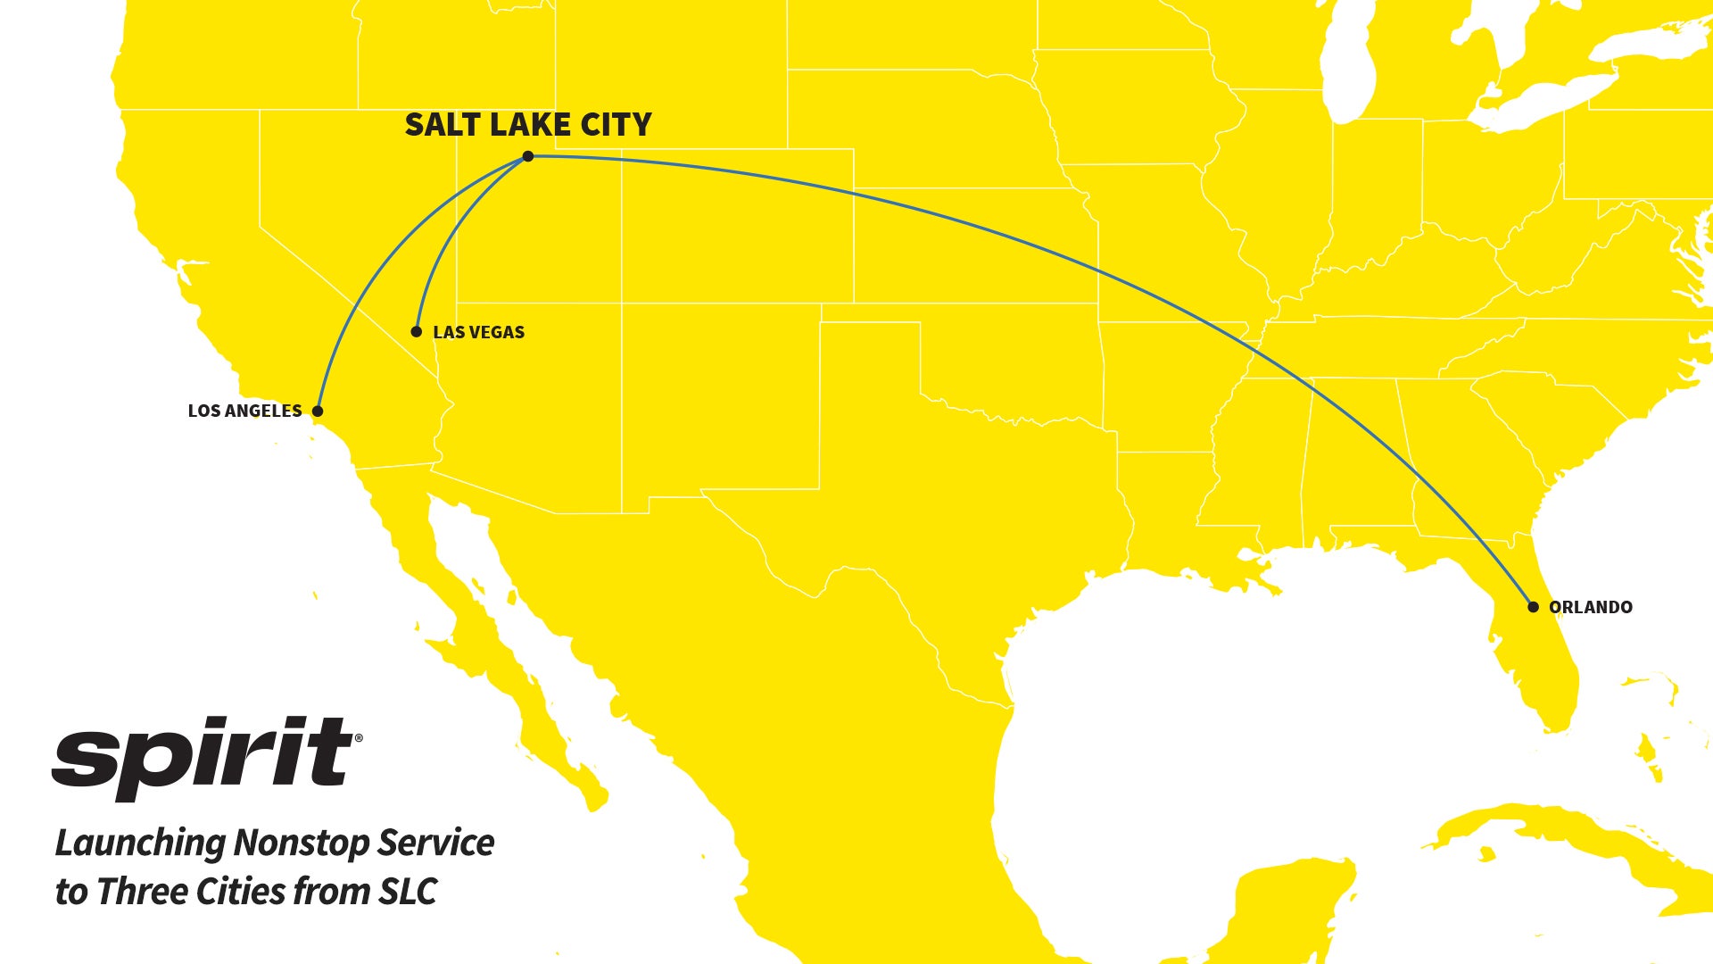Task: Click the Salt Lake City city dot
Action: (x=528, y=156)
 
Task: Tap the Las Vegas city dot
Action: (x=416, y=332)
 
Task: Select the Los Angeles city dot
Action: (x=318, y=411)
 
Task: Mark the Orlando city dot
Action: (x=1533, y=607)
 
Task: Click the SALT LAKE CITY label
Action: (x=528, y=125)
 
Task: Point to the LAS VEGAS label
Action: (x=478, y=332)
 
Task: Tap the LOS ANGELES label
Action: (x=244, y=411)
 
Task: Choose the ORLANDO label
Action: (x=1590, y=607)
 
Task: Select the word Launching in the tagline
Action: (x=140, y=843)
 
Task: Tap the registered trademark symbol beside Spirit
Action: (x=359, y=738)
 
